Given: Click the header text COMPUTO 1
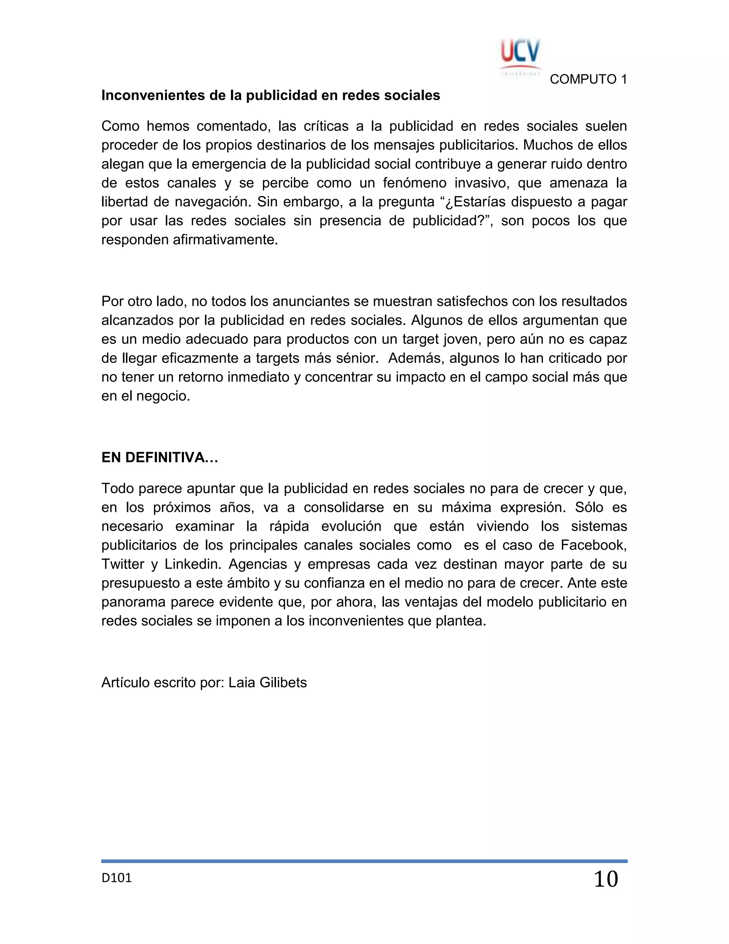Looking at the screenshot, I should point(588,79).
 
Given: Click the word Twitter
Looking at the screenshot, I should point(123,564).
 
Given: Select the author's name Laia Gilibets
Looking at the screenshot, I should point(268,683).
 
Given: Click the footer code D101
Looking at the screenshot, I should point(117,877).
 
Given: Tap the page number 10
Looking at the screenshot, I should point(606,879).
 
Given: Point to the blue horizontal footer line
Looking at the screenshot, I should point(364,861).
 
